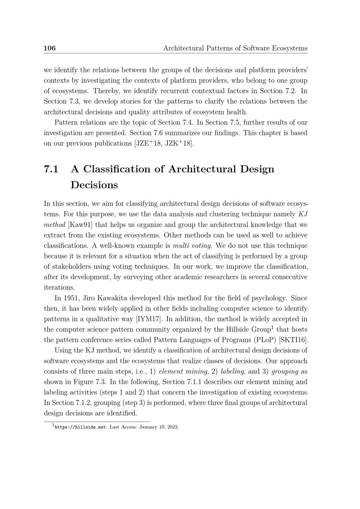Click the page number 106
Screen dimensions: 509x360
point(50,48)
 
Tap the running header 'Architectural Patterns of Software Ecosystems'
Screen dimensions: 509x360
point(235,48)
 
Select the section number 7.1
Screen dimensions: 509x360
point(51,169)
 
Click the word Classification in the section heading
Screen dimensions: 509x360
point(119,169)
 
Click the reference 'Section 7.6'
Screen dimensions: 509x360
point(146,133)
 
